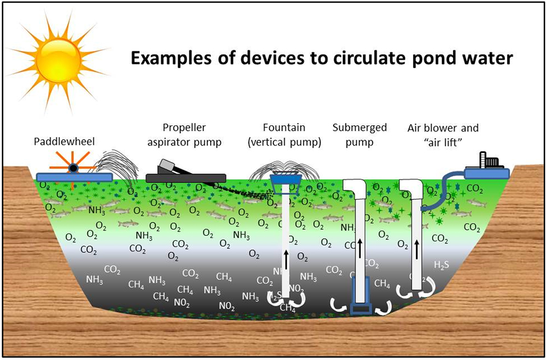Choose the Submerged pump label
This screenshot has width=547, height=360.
coord(359,135)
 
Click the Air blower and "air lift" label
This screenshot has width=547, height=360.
coord(443,135)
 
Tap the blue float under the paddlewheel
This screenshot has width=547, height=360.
coord(74,177)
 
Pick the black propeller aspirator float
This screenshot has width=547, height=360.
coord(186,177)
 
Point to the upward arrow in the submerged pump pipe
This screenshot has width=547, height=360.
coord(360,247)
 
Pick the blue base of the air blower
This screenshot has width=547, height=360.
coord(487,173)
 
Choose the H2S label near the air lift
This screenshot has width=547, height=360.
coord(442,265)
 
